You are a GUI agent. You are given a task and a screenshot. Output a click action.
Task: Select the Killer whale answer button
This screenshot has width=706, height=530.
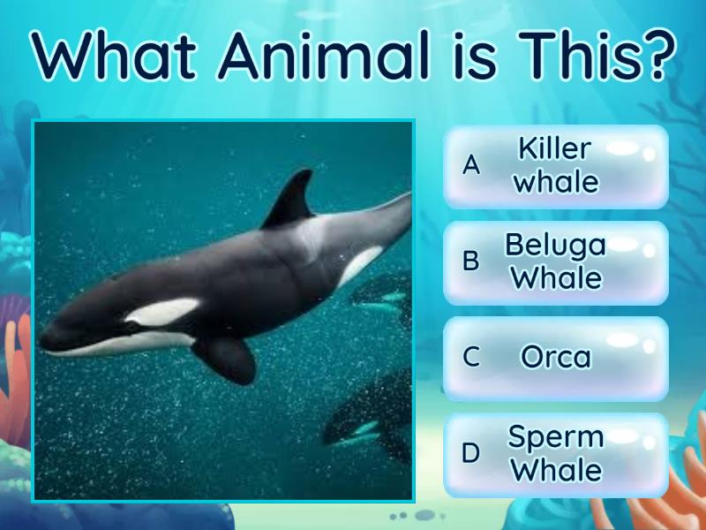556,166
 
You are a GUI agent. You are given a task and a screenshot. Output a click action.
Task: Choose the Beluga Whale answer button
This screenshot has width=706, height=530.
556,261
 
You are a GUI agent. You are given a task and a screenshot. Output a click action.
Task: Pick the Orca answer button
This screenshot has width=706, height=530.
556,357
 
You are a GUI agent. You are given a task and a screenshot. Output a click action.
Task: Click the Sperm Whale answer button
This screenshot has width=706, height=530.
556,453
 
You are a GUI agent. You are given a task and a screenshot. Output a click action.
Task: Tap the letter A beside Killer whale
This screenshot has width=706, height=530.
471,165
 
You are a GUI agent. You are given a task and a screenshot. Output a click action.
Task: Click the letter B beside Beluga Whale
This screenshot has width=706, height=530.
471,261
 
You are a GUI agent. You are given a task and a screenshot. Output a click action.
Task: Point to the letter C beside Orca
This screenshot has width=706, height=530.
471,357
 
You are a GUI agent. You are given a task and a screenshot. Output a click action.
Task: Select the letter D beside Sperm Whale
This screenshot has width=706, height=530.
471,453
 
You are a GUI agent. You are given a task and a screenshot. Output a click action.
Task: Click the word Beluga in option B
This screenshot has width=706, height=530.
555,245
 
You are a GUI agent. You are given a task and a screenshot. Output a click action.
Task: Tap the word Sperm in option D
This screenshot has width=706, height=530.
556,436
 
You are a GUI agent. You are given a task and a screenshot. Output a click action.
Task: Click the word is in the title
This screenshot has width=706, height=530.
461,55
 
